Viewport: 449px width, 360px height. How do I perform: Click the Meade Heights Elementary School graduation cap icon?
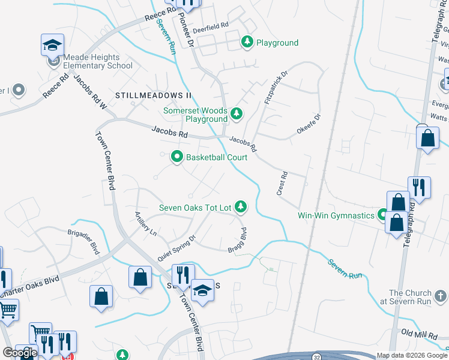[52, 44]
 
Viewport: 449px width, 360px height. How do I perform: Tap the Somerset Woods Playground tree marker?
[237, 113]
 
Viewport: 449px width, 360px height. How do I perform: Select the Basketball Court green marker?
[177, 157]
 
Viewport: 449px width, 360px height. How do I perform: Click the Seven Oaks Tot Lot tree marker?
[241, 207]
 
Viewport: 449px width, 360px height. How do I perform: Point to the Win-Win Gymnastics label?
[336, 215]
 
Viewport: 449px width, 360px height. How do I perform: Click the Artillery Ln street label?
[145, 223]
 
